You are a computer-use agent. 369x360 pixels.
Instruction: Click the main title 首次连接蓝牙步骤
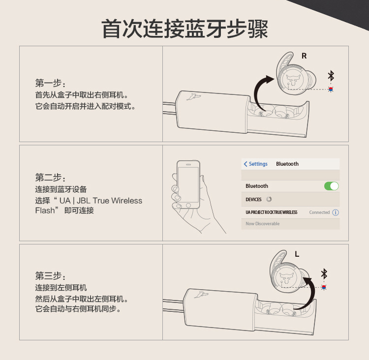pos(184,29)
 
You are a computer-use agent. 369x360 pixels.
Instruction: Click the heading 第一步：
pos(50,83)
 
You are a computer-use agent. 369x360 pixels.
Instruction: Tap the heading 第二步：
pos(50,178)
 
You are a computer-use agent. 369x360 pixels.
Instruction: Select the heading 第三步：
pos(50,276)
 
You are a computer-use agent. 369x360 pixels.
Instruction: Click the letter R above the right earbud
pos(304,56)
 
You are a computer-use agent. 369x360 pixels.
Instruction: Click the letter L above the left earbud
pos(297,254)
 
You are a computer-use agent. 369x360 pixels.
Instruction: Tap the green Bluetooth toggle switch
pos(331,186)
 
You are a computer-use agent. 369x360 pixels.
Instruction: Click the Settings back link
pos(256,164)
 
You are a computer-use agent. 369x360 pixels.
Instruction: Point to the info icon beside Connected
pos(336,212)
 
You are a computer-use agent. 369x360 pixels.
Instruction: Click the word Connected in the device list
pos(319,212)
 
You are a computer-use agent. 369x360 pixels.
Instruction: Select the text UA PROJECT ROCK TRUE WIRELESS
pos(271,212)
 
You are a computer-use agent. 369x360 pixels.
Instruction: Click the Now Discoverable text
pos(262,224)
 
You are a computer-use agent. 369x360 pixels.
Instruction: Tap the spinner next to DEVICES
pos(269,199)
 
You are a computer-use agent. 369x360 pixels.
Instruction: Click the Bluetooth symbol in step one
pos(331,76)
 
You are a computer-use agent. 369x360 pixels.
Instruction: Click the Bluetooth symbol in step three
pos(324,274)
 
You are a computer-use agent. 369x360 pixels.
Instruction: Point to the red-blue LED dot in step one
pos(331,90)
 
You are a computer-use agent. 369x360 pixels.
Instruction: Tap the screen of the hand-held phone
pos(188,182)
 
